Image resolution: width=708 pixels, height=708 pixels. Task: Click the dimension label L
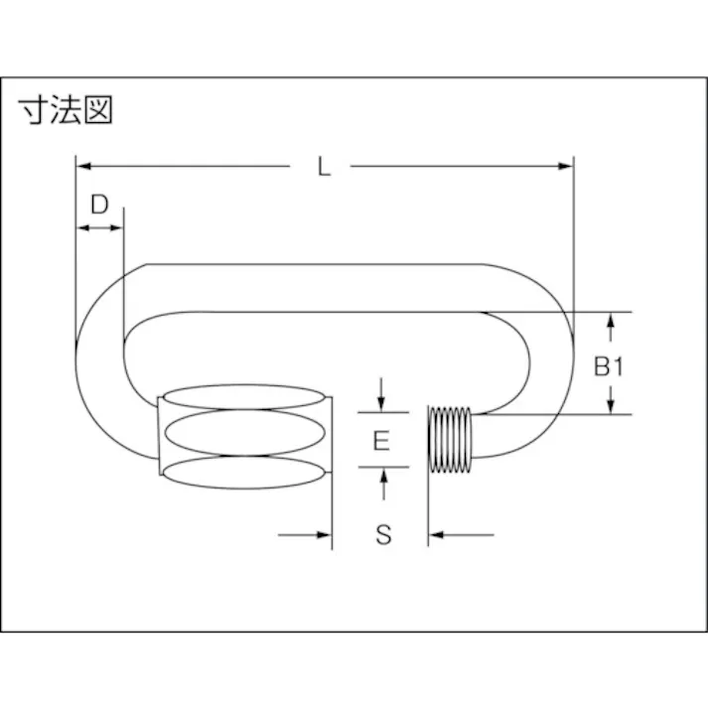tap(323, 167)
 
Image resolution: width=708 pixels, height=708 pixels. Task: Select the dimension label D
tap(99, 205)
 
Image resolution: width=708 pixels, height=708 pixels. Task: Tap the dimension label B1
tap(608, 366)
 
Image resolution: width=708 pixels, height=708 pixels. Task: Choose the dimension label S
tap(383, 535)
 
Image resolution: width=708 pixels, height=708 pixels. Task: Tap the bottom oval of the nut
tap(244, 472)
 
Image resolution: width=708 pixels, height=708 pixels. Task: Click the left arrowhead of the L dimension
tap(83, 165)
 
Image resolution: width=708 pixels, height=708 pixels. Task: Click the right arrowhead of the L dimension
tap(567, 165)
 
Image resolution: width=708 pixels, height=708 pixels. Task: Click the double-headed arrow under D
tap(99, 228)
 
